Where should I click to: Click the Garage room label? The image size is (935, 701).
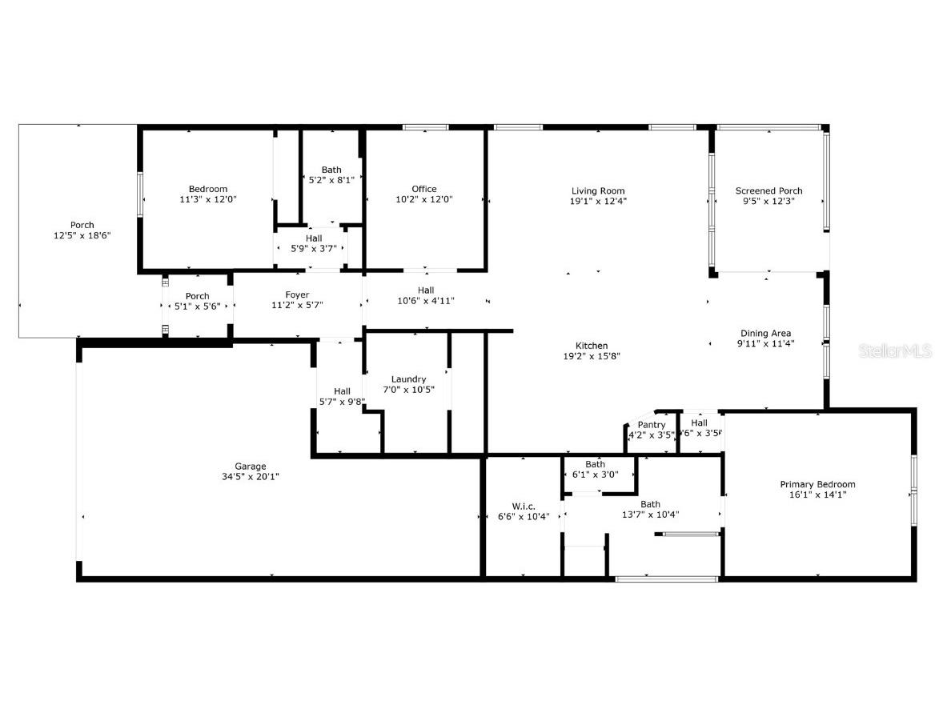click(x=251, y=467)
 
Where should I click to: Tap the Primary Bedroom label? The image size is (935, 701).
click(x=817, y=484)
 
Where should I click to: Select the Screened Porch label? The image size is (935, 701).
click(x=768, y=190)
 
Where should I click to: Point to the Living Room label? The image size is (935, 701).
click(x=598, y=190)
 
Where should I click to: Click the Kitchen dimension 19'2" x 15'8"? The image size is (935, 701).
click(x=592, y=357)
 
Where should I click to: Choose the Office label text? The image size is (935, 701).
click(x=424, y=189)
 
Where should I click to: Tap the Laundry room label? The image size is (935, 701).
click(x=408, y=379)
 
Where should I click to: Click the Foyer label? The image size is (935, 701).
click(x=297, y=294)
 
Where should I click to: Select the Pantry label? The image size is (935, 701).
click(x=652, y=425)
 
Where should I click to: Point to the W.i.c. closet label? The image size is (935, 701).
click(x=524, y=506)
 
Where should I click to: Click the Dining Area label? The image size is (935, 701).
click(x=765, y=333)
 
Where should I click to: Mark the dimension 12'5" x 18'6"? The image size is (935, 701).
click(x=82, y=236)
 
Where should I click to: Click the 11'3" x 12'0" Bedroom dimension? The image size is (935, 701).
click(x=208, y=199)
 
